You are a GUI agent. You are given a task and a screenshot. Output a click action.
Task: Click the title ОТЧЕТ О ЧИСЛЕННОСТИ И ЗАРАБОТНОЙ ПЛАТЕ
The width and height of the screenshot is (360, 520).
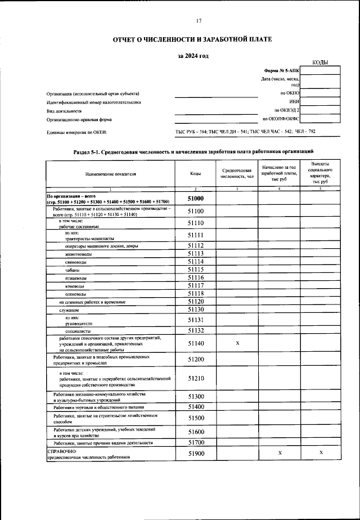click(x=192, y=40)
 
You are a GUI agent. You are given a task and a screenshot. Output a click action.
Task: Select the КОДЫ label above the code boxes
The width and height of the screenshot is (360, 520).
click(x=320, y=62)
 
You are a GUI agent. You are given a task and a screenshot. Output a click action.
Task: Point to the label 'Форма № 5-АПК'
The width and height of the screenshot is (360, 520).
click(x=281, y=71)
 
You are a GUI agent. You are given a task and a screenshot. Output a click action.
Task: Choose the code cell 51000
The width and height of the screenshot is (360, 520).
click(x=195, y=199)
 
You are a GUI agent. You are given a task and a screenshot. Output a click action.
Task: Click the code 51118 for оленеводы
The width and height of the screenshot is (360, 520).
click(x=195, y=294)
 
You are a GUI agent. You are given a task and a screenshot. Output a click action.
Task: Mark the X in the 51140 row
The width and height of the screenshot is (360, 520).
click(x=236, y=343)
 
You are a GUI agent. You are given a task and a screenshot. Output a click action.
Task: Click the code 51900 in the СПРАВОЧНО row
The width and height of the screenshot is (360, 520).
click(x=195, y=453)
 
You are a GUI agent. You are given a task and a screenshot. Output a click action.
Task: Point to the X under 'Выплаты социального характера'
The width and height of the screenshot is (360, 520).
click(x=321, y=453)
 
